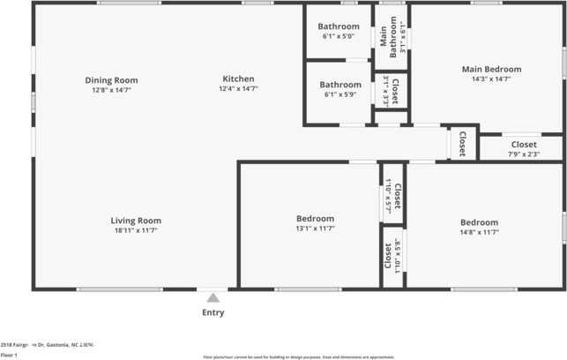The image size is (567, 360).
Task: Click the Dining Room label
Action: pyautogui.click(x=111, y=80)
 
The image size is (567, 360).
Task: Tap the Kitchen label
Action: pyautogui.click(x=238, y=79)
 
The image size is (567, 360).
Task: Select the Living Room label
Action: pyautogui.click(x=136, y=221)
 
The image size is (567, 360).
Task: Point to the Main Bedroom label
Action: pyautogui.click(x=491, y=69)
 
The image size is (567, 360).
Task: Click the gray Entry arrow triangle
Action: pyautogui.click(x=213, y=298)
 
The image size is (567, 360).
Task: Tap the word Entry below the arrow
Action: pyautogui.click(x=213, y=312)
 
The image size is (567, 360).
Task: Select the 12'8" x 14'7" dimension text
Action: pyautogui.click(x=111, y=90)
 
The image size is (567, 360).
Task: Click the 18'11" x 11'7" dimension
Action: pyautogui.click(x=136, y=230)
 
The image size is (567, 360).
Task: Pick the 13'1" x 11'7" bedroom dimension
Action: pyautogui.click(x=315, y=229)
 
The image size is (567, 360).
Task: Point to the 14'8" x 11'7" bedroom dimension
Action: pyautogui.click(x=479, y=232)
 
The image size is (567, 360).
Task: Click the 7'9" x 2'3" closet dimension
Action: pyautogui.click(x=523, y=154)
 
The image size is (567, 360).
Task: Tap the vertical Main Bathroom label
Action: pyautogui.click(x=383, y=37)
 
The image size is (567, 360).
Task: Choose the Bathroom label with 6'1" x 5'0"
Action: pyautogui.click(x=339, y=26)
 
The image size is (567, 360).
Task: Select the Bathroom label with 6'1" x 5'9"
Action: pyautogui.click(x=339, y=85)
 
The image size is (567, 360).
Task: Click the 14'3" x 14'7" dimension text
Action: pyautogui.click(x=491, y=79)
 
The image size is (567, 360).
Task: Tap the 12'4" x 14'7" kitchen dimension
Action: pyautogui.click(x=238, y=89)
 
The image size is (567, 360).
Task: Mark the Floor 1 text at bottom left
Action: pyautogui.click(x=9, y=355)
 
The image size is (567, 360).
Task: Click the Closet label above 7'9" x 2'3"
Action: pyautogui.click(x=523, y=145)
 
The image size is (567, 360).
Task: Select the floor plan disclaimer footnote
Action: pyautogui.click(x=298, y=356)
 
